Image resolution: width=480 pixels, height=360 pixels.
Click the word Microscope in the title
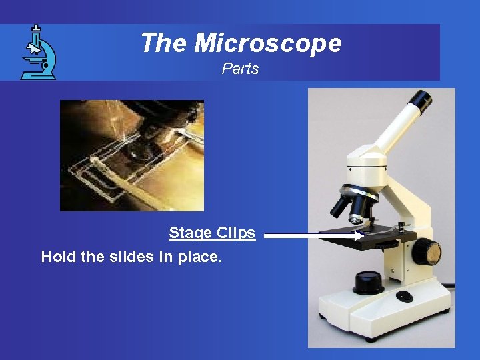point(268,43)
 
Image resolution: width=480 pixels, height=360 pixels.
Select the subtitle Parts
point(240,69)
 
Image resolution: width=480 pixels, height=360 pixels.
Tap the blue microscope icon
point(38,53)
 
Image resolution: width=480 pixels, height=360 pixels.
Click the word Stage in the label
point(188,233)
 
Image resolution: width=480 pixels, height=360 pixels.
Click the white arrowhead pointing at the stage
point(359,235)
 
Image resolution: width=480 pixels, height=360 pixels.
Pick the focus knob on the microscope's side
point(427,253)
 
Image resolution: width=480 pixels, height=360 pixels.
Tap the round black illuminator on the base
point(368,281)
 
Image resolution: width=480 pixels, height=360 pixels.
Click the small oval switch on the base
point(405,296)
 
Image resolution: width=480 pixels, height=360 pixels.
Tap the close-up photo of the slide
point(131,155)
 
